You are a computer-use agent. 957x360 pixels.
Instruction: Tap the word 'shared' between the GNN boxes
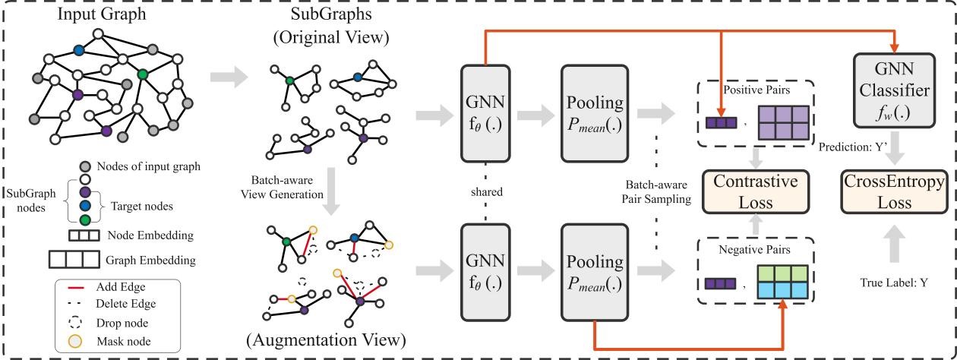[x=487, y=191]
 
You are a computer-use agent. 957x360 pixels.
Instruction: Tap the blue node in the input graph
[x=79, y=50]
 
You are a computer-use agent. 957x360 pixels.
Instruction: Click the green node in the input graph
[x=142, y=74]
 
